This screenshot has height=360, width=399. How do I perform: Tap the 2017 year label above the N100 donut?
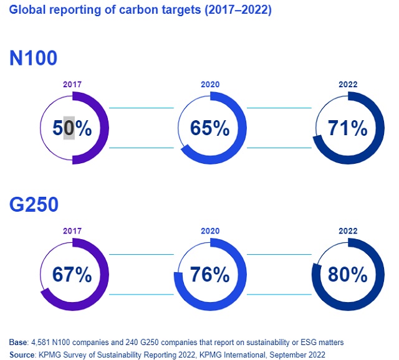72,84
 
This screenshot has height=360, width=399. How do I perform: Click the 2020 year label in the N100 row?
210,84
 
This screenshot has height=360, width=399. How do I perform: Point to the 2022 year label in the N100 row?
348,84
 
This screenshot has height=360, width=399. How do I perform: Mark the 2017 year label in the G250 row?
72,230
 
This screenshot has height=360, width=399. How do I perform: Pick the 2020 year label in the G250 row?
210,230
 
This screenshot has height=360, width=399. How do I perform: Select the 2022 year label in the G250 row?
348,230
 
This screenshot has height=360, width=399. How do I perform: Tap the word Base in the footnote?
18,342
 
